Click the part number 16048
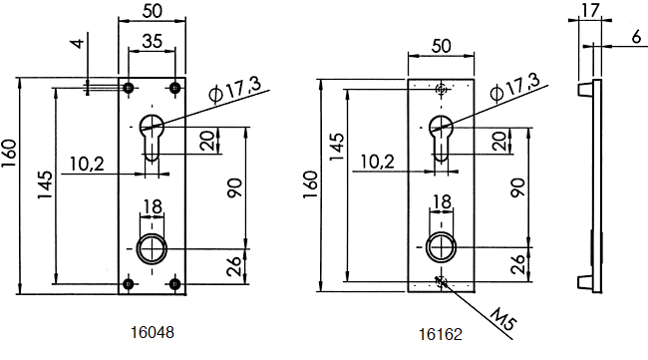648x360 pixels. pyautogui.click(x=153, y=332)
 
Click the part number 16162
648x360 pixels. pyautogui.click(x=441, y=334)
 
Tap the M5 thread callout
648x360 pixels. pyautogui.click(x=503, y=319)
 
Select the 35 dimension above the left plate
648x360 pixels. pyautogui.click(x=153, y=41)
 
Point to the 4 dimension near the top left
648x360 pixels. pyautogui.click(x=78, y=43)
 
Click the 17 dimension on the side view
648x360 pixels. pyautogui.click(x=590, y=10)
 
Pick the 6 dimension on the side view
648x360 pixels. pyautogui.click(x=637, y=37)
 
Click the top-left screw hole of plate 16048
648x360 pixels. pyautogui.click(x=129, y=88)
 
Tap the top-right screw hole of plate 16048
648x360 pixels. pyautogui.click(x=175, y=88)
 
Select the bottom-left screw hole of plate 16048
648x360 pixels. pyautogui.click(x=129, y=284)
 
